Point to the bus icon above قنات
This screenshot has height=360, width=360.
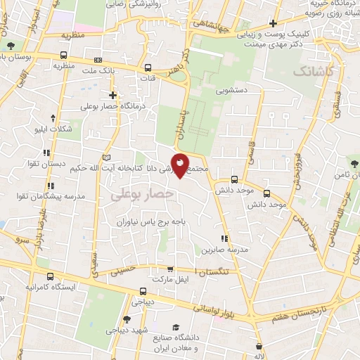pos(148,68)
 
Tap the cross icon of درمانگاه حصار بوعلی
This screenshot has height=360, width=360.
pos(112,95)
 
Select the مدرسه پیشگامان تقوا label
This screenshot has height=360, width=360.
pos(56,196)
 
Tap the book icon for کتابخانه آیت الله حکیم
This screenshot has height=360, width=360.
pos(107,156)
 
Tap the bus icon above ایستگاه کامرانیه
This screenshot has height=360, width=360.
pos(48,276)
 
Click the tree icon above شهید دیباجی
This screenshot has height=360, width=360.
pos(126,319)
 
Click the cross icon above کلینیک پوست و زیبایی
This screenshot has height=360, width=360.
pos(273,22)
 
